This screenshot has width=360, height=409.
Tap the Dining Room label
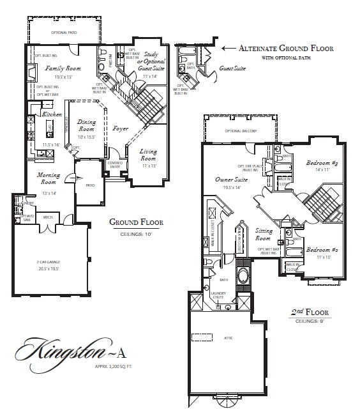[x=86, y=125]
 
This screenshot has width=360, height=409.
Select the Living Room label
[x=149, y=154]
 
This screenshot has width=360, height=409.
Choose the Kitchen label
[x=51, y=113]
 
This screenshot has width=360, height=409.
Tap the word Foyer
[x=121, y=128]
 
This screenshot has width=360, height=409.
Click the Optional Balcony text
[x=240, y=131]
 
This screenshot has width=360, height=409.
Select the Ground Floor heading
[x=137, y=223]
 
